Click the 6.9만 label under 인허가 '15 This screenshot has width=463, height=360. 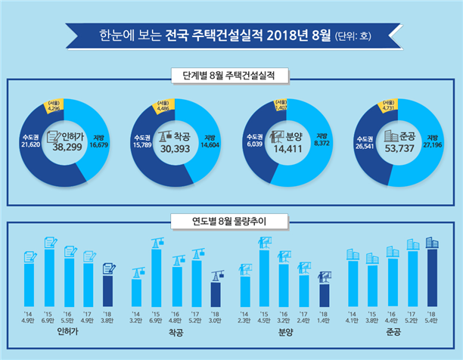click(49, 320)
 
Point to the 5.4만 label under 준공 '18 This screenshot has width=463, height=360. click(433, 320)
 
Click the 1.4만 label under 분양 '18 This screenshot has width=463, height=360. click(325, 320)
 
